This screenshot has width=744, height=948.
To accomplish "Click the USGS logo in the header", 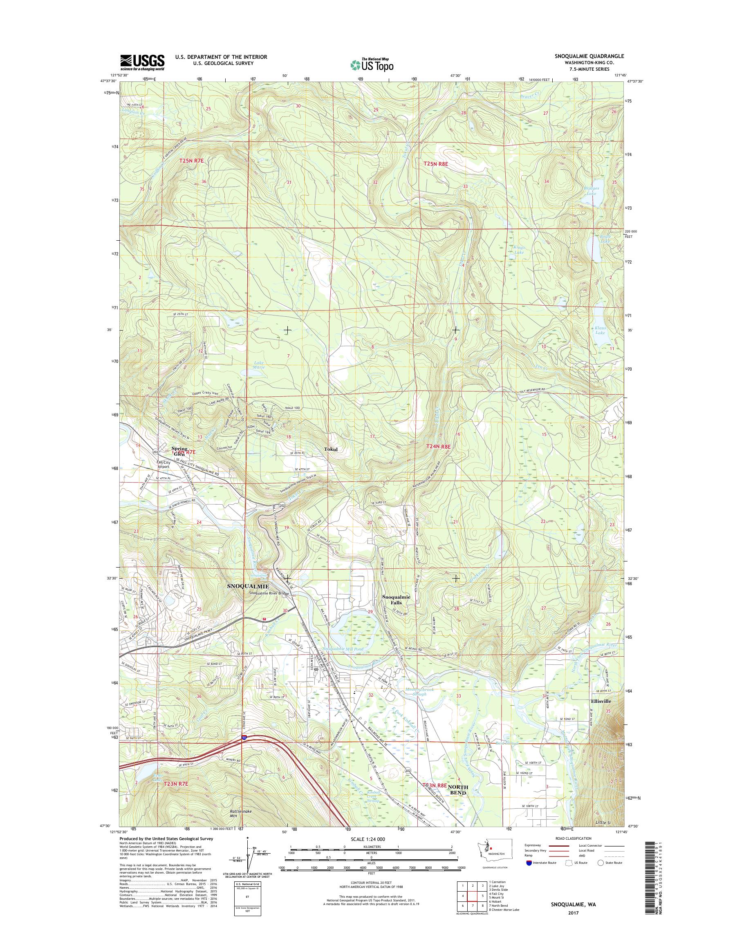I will pyautogui.click(x=142, y=62).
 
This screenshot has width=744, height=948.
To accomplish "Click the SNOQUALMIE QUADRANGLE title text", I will pyautogui.click(x=589, y=56).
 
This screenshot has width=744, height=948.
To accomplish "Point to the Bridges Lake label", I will pyautogui.click(x=592, y=191).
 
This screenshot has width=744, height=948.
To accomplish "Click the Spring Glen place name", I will pyautogui.click(x=179, y=451).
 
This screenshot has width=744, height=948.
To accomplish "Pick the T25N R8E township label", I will pyautogui.click(x=436, y=164).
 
